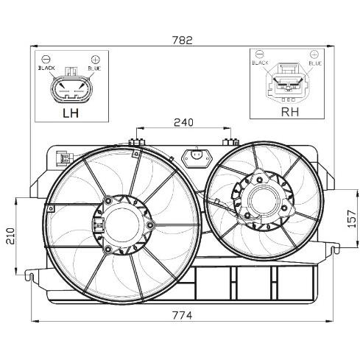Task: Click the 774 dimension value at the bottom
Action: coord(182,316)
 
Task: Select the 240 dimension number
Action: coord(184,123)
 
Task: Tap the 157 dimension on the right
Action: coord(352,217)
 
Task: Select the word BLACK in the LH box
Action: coord(47,68)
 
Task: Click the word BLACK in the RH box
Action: coord(261,64)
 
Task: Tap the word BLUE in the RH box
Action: coord(315,64)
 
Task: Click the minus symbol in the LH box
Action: coord(46,59)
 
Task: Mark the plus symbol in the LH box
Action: coord(95,59)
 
